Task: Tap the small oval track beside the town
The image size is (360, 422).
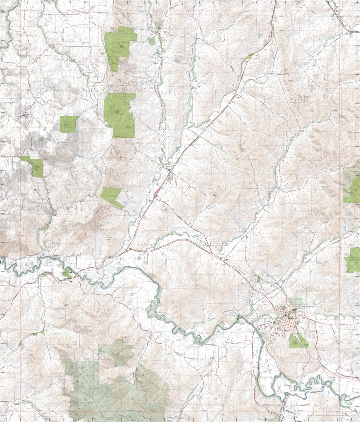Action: (312, 334)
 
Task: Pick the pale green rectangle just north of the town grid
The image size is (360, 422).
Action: (296, 302)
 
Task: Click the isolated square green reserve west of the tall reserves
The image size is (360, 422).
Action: (69, 124)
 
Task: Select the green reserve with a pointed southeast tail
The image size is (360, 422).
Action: (111, 196)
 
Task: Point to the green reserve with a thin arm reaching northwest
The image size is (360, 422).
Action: (36, 167)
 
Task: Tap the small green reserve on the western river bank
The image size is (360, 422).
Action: (67, 273)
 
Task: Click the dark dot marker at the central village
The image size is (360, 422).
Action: (169, 170)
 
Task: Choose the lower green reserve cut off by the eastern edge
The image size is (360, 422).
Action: (353, 260)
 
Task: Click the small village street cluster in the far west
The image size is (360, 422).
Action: (25, 115)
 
